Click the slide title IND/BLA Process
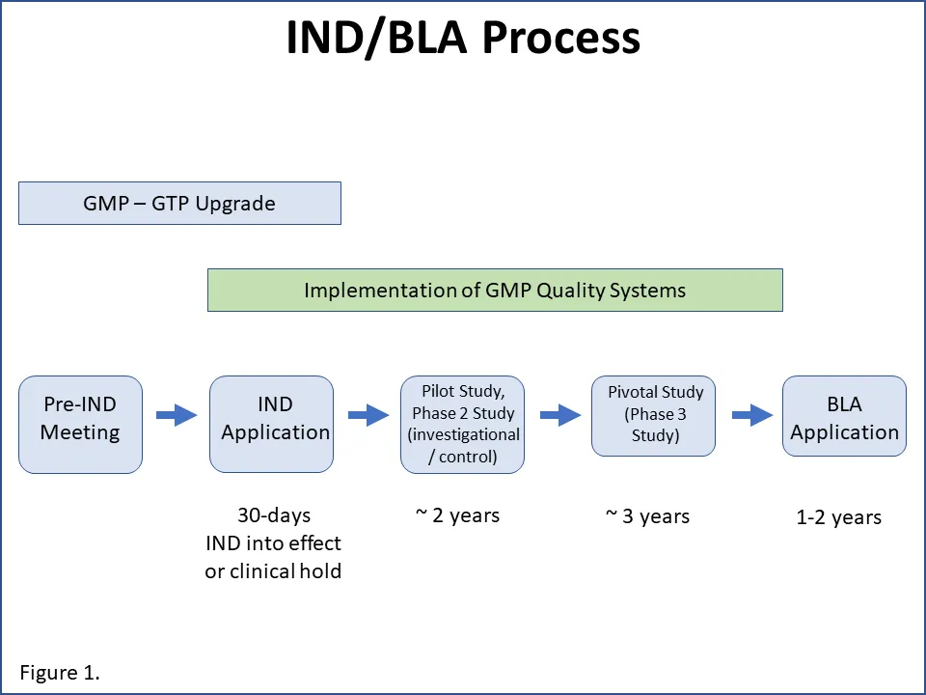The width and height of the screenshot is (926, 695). pos(463,39)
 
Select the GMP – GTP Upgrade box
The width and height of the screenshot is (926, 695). pos(179,204)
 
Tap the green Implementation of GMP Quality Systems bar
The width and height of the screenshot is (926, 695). pos(495,291)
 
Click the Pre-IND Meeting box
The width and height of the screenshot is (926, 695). pos(80,425)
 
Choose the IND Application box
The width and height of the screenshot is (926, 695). pos(272,425)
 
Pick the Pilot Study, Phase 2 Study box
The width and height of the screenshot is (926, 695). pos(462,425)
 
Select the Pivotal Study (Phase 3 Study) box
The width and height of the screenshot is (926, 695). pos(653,416)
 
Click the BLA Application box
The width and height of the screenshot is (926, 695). pos(844,425)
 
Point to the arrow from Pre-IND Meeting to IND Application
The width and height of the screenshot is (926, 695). pos(177,416)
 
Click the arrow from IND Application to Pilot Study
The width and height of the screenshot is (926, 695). pos(368,416)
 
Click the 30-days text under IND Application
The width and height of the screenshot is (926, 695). pos(274,515)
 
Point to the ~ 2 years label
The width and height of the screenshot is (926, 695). pos(457,515)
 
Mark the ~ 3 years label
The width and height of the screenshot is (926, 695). pos(647,516)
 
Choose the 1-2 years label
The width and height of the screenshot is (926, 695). pos(838,518)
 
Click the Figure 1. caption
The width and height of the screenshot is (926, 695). pos(60,673)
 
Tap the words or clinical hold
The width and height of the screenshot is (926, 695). pos(273,570)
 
